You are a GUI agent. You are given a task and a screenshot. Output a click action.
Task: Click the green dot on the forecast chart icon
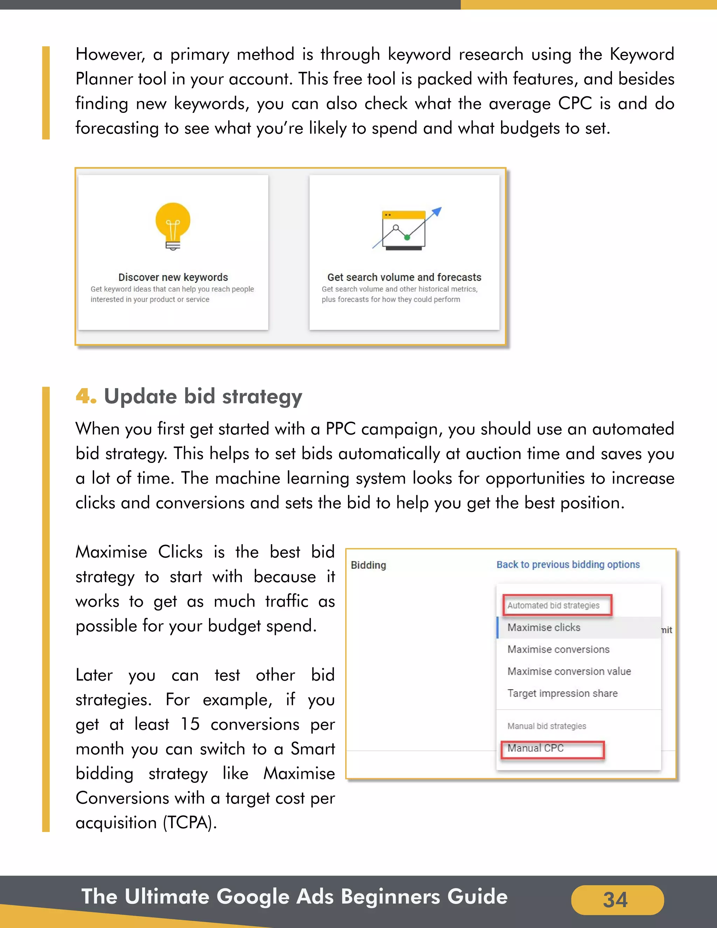tap(407, 237)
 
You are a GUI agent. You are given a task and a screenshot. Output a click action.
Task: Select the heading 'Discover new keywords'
tap(173, 277)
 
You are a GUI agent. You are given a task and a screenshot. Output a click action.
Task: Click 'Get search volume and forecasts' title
tap(404, 277)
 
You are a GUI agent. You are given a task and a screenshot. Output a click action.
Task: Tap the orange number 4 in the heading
tap(84, 396)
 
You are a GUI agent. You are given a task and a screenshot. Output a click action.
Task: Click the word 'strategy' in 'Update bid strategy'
tap(262, 397)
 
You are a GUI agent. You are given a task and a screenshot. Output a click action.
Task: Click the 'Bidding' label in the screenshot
tap(368, 565)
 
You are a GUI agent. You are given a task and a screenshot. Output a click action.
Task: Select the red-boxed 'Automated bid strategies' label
tap(554, 605)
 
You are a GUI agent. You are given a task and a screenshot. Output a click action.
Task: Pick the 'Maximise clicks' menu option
tap(544, 627)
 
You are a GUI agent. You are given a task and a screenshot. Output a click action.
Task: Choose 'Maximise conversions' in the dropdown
tap(558, 649)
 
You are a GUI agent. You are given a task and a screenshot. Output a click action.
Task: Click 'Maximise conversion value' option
tap(569, 671)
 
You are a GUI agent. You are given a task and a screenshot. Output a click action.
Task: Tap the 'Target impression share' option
tap(562, 693)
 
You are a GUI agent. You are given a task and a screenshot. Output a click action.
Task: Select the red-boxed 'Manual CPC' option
tap(536, 748)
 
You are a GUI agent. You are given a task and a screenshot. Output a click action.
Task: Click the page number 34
tap(615, 900)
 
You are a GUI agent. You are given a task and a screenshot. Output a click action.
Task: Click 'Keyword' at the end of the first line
tap(641, 54)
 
